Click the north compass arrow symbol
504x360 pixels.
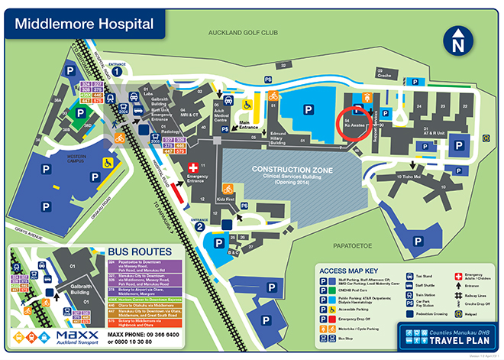459,41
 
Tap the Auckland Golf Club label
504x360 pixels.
243,34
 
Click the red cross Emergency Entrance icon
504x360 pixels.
194,167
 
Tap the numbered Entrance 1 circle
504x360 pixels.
118,70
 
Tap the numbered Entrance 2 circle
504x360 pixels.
199,225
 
